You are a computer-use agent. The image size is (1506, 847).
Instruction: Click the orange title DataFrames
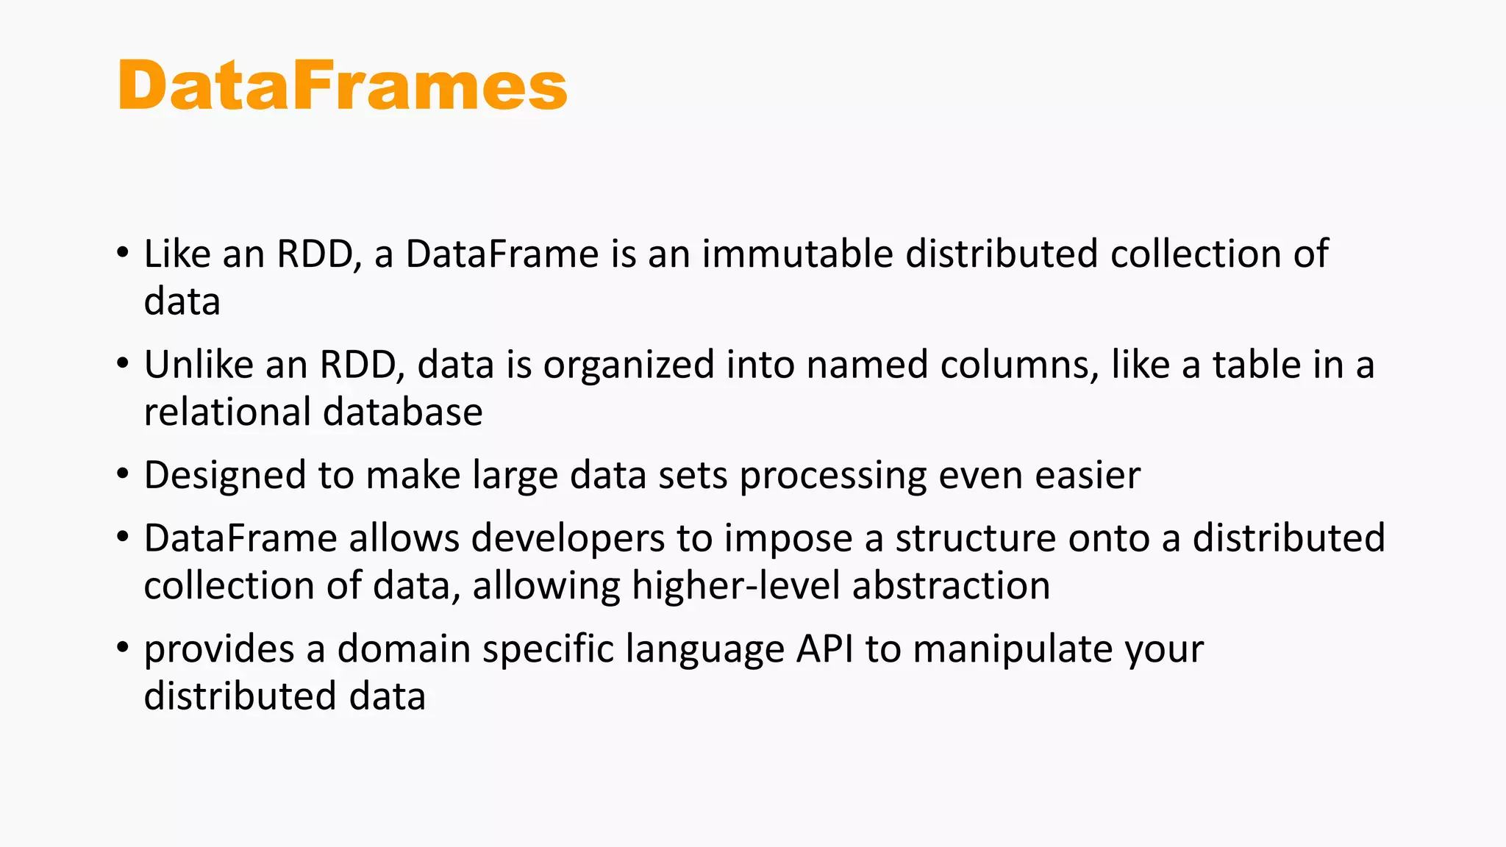pyautogui.click(x=342, y=86)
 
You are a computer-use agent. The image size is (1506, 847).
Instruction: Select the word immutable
pyautogui.click(x=798, y=254)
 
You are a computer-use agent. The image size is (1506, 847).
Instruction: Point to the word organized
pyautogui.click(x=629, y=366)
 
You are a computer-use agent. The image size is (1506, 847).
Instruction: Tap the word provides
pyautogui.click(x=218, y=650)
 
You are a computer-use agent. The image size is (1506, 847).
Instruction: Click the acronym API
pyautogui.click(x=824, y=649)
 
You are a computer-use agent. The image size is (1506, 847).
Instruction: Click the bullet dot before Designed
pyautogui.click(x=123, y=473)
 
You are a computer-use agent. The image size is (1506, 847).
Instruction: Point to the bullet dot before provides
pyautogui.click(x=123, y=647)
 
